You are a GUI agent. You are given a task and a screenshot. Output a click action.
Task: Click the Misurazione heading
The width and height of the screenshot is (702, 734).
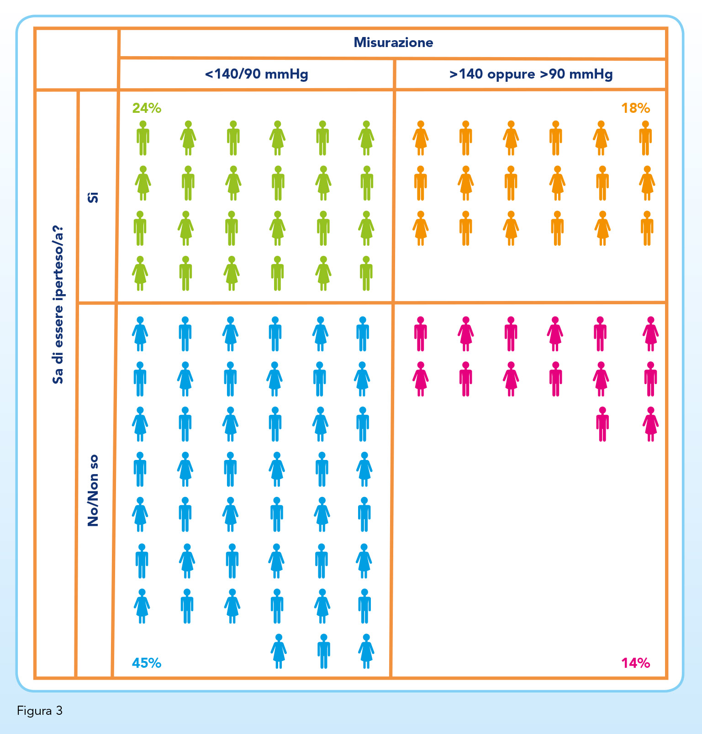tap(393, 42)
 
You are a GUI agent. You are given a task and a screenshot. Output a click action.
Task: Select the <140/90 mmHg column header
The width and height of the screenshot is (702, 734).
tap(256, 74)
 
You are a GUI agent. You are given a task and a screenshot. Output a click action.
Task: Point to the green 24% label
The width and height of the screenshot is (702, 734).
tap(147, 108)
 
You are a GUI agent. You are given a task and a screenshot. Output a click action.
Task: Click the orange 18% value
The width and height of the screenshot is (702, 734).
tap(635, 108)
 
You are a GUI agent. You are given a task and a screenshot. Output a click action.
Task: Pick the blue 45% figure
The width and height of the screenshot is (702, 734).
tap(147, 663)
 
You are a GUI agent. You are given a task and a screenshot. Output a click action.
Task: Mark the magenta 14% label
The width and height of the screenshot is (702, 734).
tap(635, 663)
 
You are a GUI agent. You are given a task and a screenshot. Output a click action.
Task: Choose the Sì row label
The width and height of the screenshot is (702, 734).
tap(93, 197)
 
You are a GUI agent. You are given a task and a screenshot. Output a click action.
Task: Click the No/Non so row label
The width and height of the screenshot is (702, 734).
tap(93, 491)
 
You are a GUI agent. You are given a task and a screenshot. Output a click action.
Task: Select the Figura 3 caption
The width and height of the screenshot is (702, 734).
tap(40, 711)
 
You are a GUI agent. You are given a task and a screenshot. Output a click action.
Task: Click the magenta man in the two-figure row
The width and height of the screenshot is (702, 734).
tap(602, 424)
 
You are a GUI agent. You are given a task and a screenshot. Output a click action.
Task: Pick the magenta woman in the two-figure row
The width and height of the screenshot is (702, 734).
tap(650, 424)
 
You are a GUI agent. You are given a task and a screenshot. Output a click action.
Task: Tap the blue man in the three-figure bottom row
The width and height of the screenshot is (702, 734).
tap(323, 651)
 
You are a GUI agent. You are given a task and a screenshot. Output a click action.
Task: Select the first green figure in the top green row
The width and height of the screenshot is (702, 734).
tap(143, 138)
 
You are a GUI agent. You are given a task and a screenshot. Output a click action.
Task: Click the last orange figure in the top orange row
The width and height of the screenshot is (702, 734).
tap(645, 138)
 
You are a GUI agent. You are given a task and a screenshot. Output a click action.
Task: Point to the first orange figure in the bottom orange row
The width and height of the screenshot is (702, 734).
tap(421, 228)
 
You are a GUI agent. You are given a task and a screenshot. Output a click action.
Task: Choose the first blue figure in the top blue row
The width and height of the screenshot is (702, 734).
tap(140, 334)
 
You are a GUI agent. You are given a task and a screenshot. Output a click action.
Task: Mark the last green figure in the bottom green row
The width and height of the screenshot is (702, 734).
tap(366, 274)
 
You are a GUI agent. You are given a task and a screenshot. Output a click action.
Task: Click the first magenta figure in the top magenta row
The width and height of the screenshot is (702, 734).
tap(420, 334)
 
